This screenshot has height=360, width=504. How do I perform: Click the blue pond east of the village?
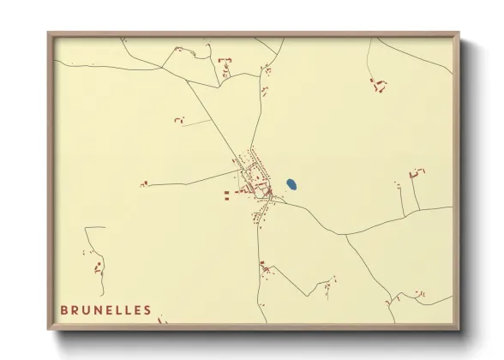tap(291, 184)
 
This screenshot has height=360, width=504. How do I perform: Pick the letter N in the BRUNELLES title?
tap(99, 310)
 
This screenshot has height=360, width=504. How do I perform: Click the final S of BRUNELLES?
tap(147, 310)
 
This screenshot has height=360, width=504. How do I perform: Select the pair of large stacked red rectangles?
tap(227, 196)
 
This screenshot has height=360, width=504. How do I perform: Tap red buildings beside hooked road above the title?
tap(98, 267)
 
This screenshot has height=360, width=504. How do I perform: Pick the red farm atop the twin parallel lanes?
tap(417, 172)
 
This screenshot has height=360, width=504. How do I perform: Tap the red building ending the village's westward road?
tap(144, 183)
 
